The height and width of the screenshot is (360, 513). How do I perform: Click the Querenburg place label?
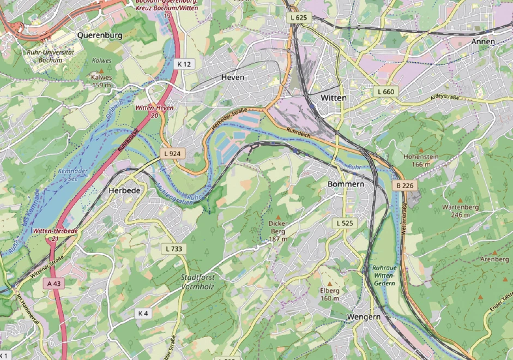[x=100, y=35]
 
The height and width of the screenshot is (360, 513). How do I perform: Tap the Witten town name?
[x=335, y=97]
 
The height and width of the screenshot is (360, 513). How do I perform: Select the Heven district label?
[x=232, y=78]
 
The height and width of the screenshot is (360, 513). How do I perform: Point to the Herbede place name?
[x=124, y=190]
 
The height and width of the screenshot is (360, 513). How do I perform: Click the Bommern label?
[x=345, y=184]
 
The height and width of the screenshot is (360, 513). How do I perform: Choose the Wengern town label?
[x=363, y=317]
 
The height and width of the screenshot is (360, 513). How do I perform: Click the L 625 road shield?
[x=299, y=18]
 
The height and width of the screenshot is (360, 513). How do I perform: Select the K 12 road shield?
[x=184, y=64]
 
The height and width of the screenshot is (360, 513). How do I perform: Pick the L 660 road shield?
[x=385, y=92]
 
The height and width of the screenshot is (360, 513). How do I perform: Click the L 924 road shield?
[x=171, y=154]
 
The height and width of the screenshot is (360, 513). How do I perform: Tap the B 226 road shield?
[x=404, y=186]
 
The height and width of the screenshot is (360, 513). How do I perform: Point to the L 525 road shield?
[x=345, y=223]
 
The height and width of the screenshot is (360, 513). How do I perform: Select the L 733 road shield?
[x=174, y=249]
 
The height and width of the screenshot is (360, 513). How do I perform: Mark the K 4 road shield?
[x=143, y=313]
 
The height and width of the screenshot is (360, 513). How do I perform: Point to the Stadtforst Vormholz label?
[x=197, y=281]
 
